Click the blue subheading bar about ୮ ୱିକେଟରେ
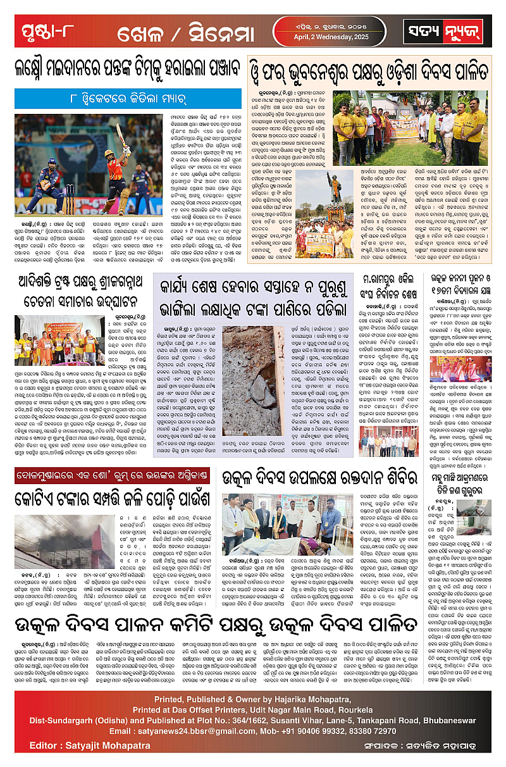point(128,99)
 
